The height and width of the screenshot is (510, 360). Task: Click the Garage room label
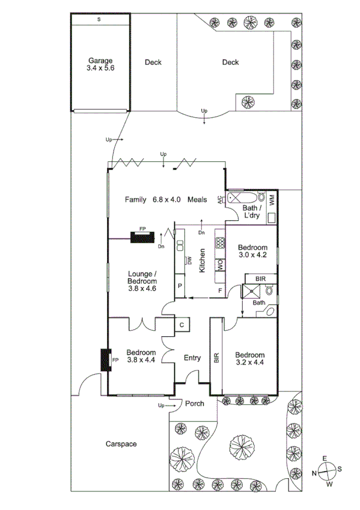[x=100, y=61]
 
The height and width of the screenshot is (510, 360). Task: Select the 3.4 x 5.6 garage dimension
[x=100, y=69]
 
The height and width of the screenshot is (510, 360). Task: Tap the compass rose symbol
[x=327, y=472]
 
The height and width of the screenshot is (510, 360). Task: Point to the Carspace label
[x=121, y=444]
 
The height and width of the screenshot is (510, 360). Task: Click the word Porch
[x=194, y=404]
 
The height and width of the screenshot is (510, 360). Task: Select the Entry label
[x=192, y=358]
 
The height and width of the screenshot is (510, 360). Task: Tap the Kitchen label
[x=203, y=262]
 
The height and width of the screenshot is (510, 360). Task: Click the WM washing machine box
[x=272, y=200]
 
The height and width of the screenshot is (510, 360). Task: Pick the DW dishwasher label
[x=189, y=260]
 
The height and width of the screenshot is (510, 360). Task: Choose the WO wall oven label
[x=219, y=263]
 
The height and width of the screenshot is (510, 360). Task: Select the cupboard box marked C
[x=182, y=325]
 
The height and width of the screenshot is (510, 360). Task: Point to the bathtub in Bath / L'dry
[x=243, y=197]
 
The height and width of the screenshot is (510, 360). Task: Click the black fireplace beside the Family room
[x=142, y=237]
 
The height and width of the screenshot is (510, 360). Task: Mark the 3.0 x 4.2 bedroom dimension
[x=252, y=255]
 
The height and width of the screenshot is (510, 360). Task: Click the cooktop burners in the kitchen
[x=220, y=242]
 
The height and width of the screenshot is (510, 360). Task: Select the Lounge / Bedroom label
[x=142, y=281]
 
